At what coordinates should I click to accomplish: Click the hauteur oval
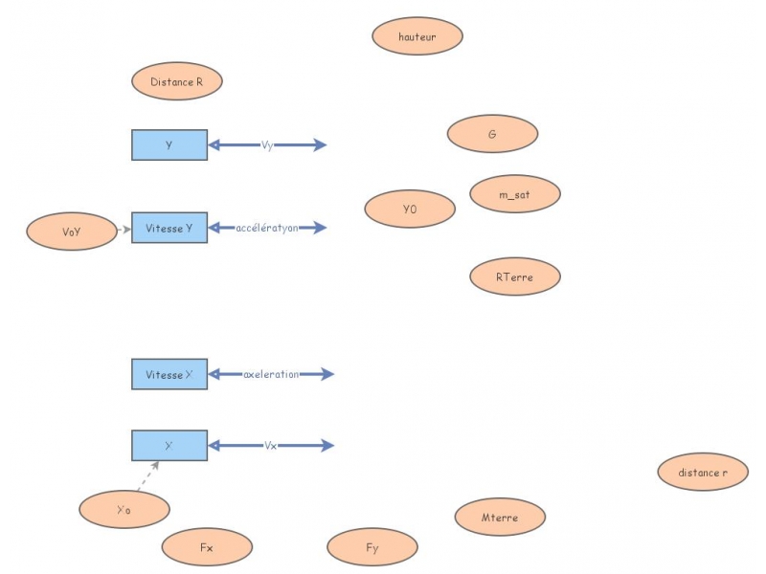point(417,36)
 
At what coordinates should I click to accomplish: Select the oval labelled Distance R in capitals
point(177,82)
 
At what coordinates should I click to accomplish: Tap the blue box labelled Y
point(169,144)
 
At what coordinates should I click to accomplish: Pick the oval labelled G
point(492,134)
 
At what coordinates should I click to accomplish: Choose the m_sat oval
point(515,194)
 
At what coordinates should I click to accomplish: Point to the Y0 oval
point(410,209)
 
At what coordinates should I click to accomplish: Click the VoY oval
point(72,232)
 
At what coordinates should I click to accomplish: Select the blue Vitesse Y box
point(169,228)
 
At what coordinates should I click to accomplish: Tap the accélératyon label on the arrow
point(267,228)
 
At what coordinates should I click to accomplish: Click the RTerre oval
point(515,276)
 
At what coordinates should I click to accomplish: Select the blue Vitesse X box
point(169,374)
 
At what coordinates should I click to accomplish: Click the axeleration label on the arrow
point(271,374)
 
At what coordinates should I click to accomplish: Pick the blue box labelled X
point(169,445)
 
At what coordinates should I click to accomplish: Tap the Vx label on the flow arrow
point(271,445)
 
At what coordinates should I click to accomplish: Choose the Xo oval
point(124,509)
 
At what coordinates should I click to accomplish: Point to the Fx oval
point(207,547)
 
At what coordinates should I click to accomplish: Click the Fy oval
point(372,547)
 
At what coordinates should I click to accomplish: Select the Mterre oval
point(500,517)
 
